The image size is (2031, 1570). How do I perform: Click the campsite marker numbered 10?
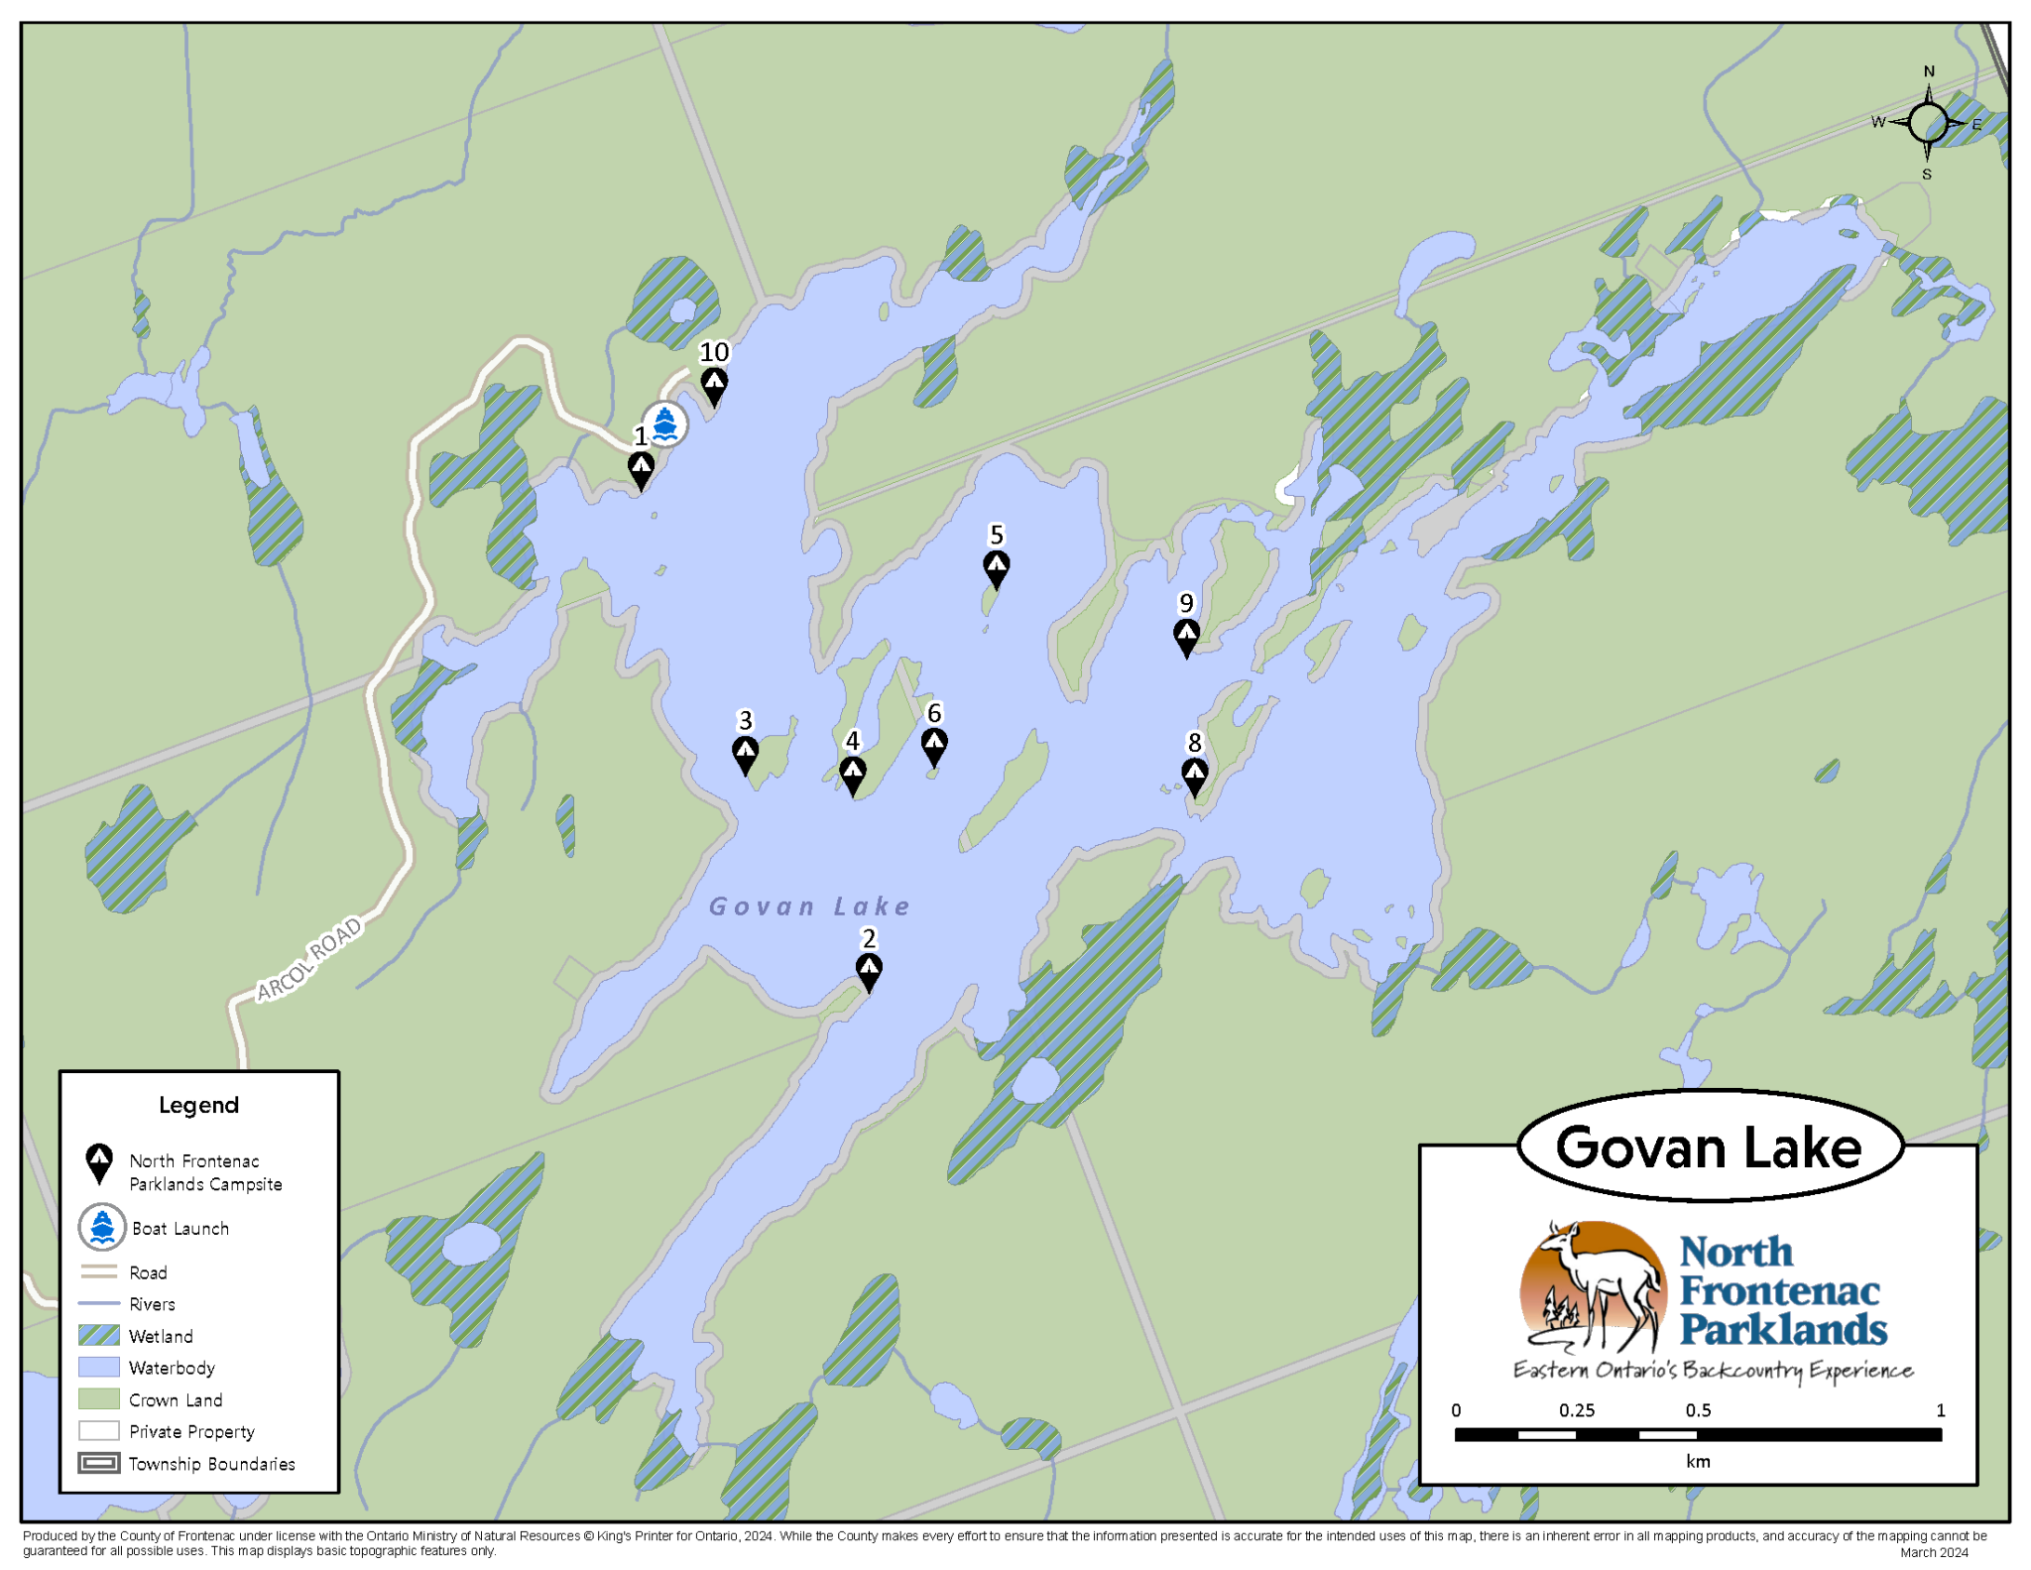coord(713,384)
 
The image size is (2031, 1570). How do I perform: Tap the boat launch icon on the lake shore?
coord(664,423)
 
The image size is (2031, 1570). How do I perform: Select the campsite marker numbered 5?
coord(996,567)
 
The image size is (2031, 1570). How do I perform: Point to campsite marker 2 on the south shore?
coord(869,969)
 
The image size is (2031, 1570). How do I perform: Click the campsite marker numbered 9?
coord(1186,635)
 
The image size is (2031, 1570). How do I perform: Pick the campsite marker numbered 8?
coord(1194,775)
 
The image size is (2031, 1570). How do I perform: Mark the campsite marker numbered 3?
coord(745,753)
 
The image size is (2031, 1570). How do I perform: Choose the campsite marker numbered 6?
coord(933,744)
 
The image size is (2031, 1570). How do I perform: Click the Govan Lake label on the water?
coord(809,906)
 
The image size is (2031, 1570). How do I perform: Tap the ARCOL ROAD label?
coord(308,960)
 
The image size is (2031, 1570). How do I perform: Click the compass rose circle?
coord(1927,123)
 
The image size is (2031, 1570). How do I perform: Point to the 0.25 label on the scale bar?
coord(1576,1410)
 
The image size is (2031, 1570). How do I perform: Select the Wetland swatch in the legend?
coord(99,1335)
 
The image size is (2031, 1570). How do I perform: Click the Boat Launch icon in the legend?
coord(101,1227)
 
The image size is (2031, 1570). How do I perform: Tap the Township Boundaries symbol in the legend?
coord(99,1463)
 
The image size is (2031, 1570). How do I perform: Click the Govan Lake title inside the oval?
coord(1708,1147)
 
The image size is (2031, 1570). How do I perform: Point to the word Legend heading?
coord(198,1105)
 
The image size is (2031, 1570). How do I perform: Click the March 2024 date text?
coord(1933,1552)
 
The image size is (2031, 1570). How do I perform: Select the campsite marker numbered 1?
coord(641,467)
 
